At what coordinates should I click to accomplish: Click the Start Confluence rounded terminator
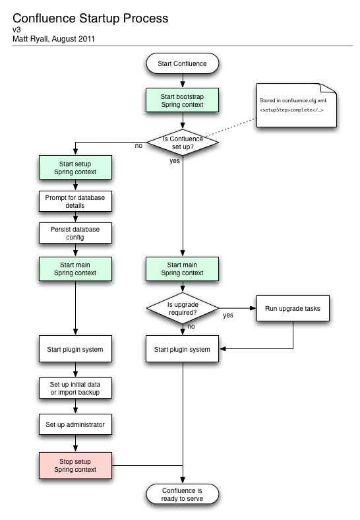pyautogui.click(x=182, y=64)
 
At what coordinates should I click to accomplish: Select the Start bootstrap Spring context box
pyautogui.click(x=182, y=100)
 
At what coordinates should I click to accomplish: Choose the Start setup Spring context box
pyautogui.click(x=76, y=168)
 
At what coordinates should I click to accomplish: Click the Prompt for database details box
pyautogui.click(x=76, y=201)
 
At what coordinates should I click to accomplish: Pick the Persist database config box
pyautogui.click(x=76, y=233)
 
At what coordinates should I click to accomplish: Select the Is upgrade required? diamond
pyautogui.click(x=182, y=308)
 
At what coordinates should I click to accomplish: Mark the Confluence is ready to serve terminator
pyautogui.click(x=182, y=494)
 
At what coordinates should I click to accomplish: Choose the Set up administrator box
pyautogui.click(x=76, y=424)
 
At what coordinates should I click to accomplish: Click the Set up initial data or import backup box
pyautogui.click(x=76, y=389)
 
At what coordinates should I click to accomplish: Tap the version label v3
pyautogui.click(x=16, y=30)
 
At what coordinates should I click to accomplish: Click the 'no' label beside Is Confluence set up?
pyautogui.click(x=138, y=145)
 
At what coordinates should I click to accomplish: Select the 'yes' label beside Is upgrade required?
pyautogui.click(x=228, y=315)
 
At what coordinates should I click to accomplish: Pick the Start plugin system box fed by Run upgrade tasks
pyautogui.click(x=182, y=349)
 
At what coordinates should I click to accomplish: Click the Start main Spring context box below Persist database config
pyautogui.click(x=76, y=269)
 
